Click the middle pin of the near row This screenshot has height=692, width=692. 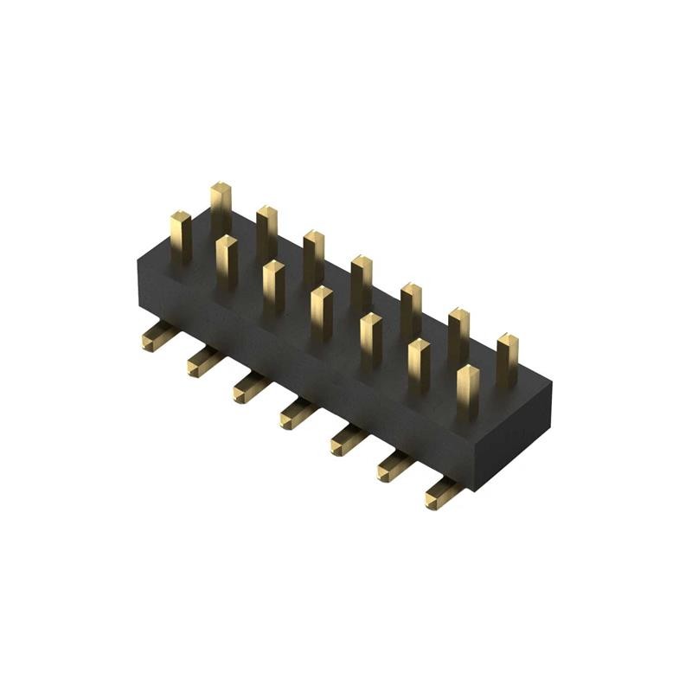[321, 312]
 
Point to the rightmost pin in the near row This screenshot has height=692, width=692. [468, 392]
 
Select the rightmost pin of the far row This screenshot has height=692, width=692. [507, 360]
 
